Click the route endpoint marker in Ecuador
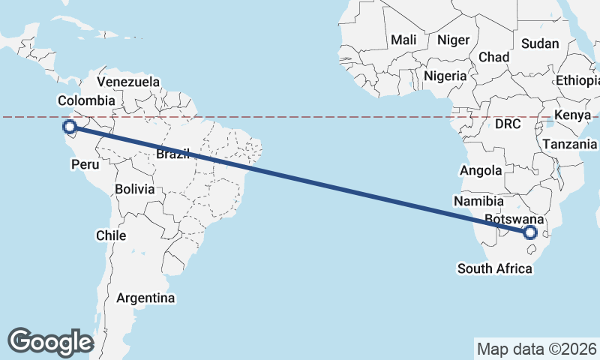click(x=70, y=127)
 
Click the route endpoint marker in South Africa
click(x=531, y=232)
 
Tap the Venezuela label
click(x=128, y=82)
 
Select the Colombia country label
click(x=86, y=100)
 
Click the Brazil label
click(x=172, y=154)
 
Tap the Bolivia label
click(x=135, y=190)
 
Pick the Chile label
click(x=110, y=235)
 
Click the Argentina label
click(x=145, y=298)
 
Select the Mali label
click(x=403, y=40)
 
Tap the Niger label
click(x=453, y=40)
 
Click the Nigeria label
click(x=445, y=76)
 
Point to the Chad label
click(x=494, y=57)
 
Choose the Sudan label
click(x=540, y=43)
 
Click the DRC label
click(x=508, y=124)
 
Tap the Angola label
click(x=481, y=171)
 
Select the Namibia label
click(x=478, y=201)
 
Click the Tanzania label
click(x=569, y=144)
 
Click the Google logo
click(x=51, y=341)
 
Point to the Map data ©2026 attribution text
click(x=537, y=349)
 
